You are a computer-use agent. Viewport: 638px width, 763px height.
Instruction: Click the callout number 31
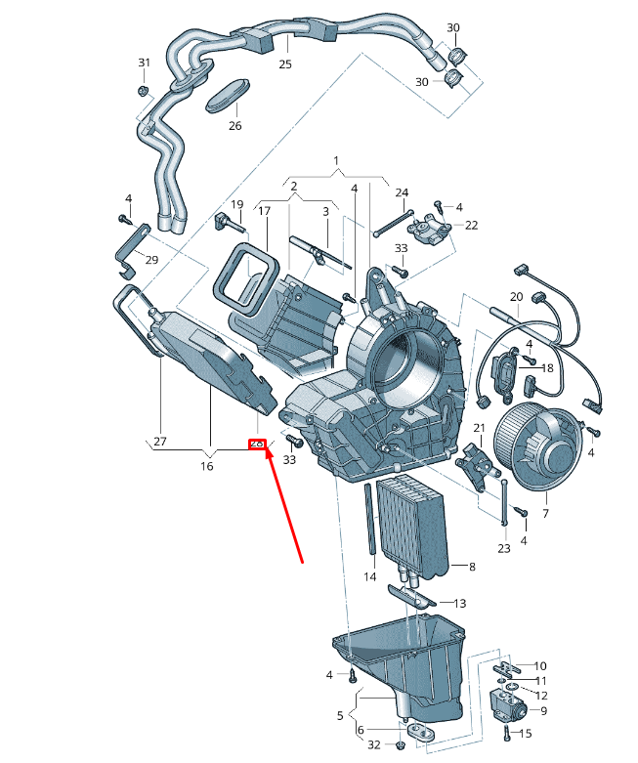pyautogui.click(x=145, y=63)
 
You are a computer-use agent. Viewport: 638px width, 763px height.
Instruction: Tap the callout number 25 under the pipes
pyautogui.click(x=284, y=64)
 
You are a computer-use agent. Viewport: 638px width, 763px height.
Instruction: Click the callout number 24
pyautogui.click(x=402, y=192)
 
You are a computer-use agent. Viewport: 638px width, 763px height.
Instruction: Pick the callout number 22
pyautogui.click(x=471, y=225)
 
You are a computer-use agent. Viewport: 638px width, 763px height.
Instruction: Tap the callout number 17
pyautogui.click(x=263, y=211)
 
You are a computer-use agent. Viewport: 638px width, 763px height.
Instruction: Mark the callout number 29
pyautogui.click(x=151, y=259)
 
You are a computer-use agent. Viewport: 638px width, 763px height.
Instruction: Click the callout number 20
pyautogui.click(x=516, y=296)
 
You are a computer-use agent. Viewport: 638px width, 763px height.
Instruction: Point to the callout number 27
pyautogui.click(x=159, y=442)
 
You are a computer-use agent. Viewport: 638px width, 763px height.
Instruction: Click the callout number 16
pyautogui.click(x=206, y=466)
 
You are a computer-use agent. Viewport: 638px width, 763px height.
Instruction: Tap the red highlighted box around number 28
pyautogui.click(x=257, y=444)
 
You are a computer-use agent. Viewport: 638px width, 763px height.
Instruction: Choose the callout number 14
pyautogui.click(x=370, y=577)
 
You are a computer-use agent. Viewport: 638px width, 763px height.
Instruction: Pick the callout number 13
pyautogui.click(x=459, y=603)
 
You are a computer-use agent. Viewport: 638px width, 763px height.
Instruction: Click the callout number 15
pyautogui.click(x=526, y=733)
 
